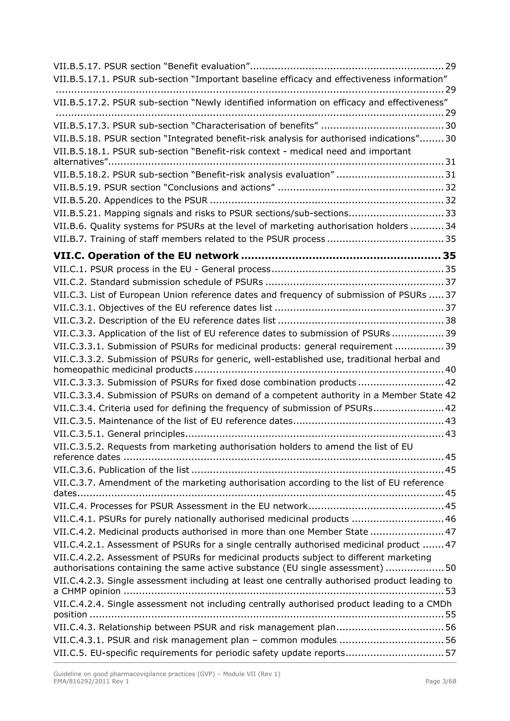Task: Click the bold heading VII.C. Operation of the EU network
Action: (x=146, y=256)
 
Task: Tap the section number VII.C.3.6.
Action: (x=74, y=470)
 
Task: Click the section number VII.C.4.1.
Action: (x=74, y=519)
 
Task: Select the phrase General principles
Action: (x=146, y=434)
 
